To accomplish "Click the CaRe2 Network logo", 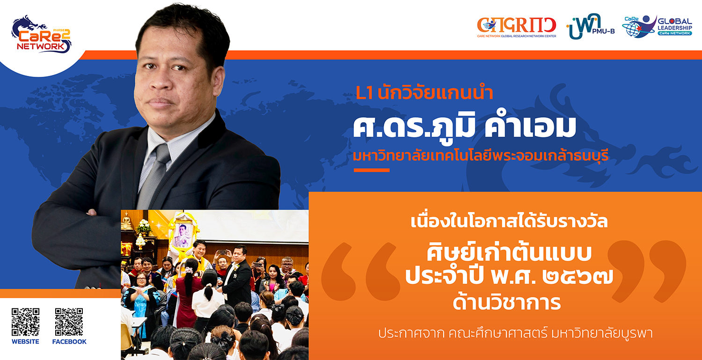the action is click(41, 35).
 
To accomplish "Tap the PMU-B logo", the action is click(591, 26).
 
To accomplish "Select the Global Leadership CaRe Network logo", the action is click(657, 26).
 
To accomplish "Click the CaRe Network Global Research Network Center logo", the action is click(517, 27).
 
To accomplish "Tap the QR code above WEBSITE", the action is click(25, 322).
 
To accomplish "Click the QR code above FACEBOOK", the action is click(69, 322).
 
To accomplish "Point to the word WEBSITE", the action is click(25, 341).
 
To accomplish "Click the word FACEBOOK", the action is click(69, 341).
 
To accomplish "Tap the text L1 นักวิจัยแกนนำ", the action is click(424, 93).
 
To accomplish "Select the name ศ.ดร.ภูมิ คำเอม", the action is click(464, 126).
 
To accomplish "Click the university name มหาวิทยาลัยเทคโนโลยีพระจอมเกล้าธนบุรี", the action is click(481, 155).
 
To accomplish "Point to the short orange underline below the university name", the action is click(372, 170).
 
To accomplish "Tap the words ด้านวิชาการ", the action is click(507, 301).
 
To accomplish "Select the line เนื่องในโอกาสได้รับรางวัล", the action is click(509, 221).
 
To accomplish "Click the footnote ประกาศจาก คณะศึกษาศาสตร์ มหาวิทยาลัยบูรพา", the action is click(515, 333).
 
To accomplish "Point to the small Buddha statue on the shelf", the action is click(126, 221).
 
